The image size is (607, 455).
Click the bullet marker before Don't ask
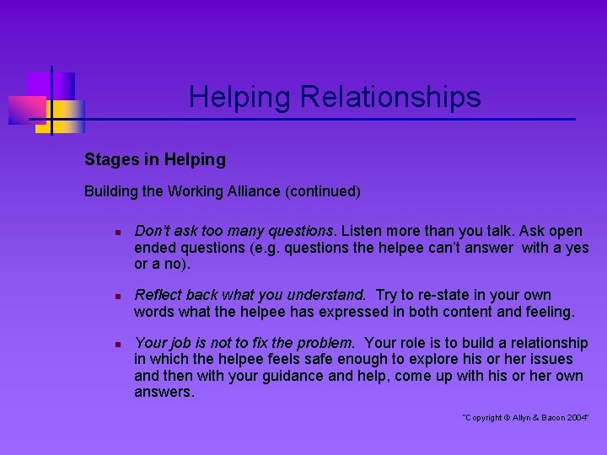(x=121, y=231)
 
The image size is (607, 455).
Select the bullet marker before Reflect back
(x=121, y=296)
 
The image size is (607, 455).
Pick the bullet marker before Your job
(x=121, y=344)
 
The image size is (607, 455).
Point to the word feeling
(x=549, y=312)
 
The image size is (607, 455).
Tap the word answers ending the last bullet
(x=163, y=392)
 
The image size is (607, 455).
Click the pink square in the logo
(x=27, y=108)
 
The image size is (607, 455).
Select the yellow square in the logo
(x=65, y=115)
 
